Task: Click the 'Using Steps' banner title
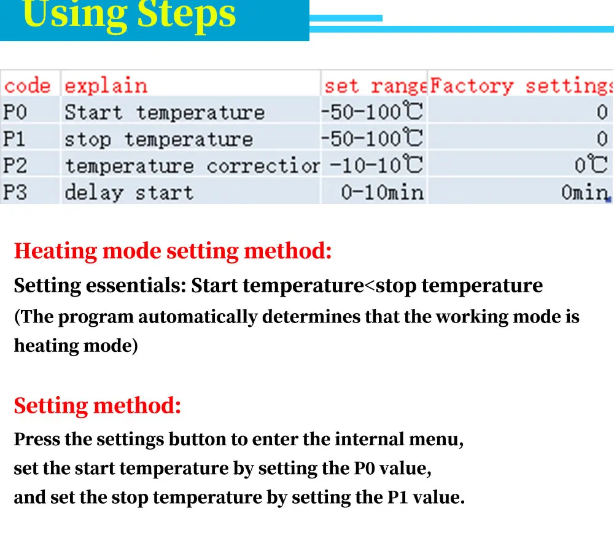(x=129, y=15)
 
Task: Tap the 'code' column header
(x=27, y=86)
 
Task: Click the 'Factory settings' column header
(x=521, y=86)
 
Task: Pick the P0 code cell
(x=15, y=112)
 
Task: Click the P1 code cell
(x=14, y=139)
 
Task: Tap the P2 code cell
(x=15, y=166)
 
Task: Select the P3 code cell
(x=15, y=192)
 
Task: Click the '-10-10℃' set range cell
(x=376, y=165)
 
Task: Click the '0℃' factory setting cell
(x=591, y=165)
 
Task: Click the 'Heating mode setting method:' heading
(x=173, y=251)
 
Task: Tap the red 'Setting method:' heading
(x=98, y=405)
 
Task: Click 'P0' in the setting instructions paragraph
(x=364, y=469)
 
